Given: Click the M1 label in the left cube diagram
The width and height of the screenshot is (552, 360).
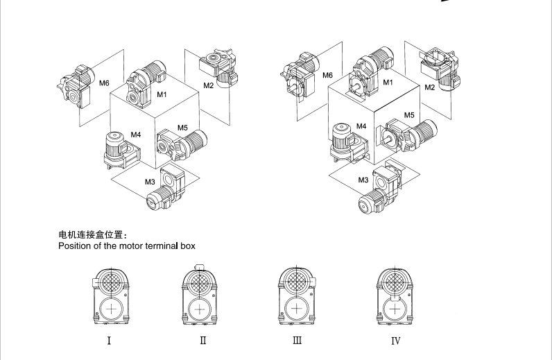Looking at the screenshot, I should (162, 94).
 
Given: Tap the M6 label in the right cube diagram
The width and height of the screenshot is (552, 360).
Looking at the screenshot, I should (327, 74).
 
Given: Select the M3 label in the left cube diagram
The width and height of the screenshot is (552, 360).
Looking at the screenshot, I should (150, 182).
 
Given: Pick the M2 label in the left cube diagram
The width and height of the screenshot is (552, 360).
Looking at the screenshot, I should (209, 85).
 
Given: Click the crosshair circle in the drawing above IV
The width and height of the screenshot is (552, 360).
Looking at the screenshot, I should (393, 309).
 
